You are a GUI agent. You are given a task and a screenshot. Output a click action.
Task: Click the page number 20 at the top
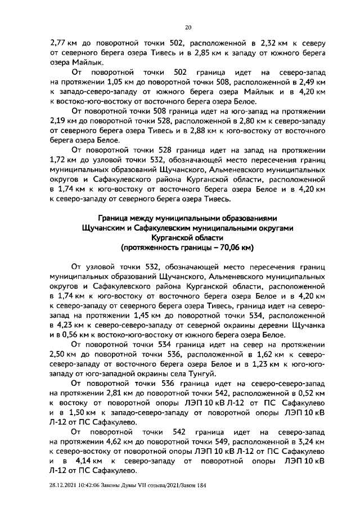click(188, 26)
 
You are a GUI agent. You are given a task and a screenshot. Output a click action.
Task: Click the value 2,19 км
click(63, 121)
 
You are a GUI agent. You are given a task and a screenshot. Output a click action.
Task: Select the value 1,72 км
click(63, 161)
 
